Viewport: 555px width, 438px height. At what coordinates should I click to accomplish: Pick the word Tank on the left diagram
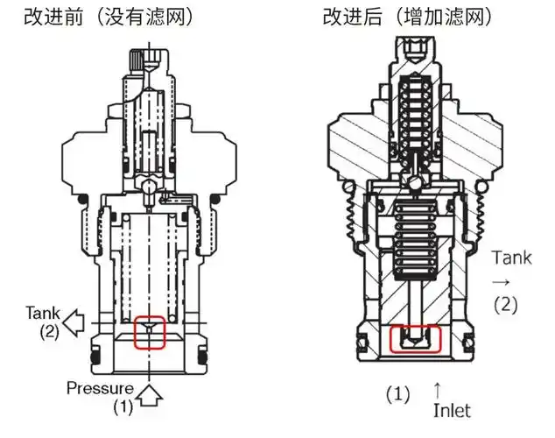(x=42, y=313)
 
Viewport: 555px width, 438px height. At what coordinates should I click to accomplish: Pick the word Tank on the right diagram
(x=511, y=258)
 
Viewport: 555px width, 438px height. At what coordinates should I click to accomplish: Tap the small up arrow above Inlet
(x=438, y=387)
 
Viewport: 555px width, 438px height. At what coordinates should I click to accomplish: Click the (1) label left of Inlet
(x=397, y=395)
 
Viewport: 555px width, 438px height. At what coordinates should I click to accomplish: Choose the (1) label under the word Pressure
(x=125, y=406)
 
